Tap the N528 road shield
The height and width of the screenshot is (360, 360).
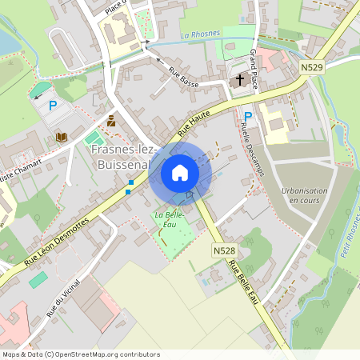[x=224, y=251]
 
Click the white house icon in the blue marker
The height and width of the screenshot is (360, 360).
[x=180, y=172]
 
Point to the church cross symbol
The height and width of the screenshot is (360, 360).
[x=240, y=80]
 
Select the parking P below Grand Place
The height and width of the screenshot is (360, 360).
[x=248, y=117]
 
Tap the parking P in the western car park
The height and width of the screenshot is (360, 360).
[x=54, y=105]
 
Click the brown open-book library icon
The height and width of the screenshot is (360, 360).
[x=62, y=137]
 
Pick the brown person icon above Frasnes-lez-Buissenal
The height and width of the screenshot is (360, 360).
[x=111, y=122]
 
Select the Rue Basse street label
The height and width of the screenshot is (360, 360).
[x=183, y=76]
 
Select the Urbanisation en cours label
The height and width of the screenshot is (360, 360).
[x=305, y=195]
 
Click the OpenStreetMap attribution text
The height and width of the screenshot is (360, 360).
[x=81, y=354]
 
